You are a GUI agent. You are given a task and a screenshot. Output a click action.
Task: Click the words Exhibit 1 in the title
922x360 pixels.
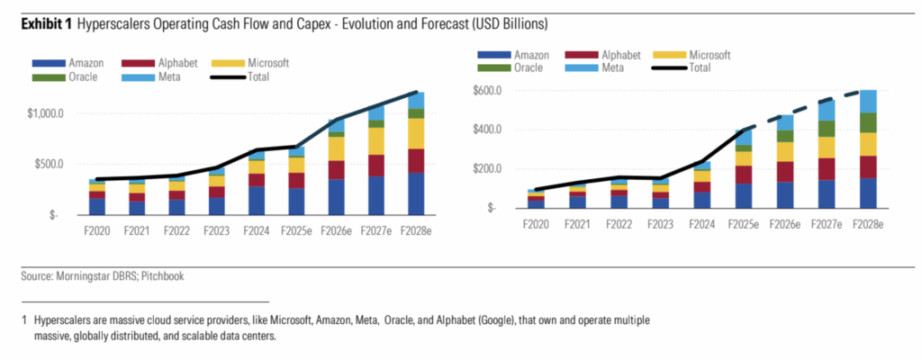pyautogui.click(x=42, y=22)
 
